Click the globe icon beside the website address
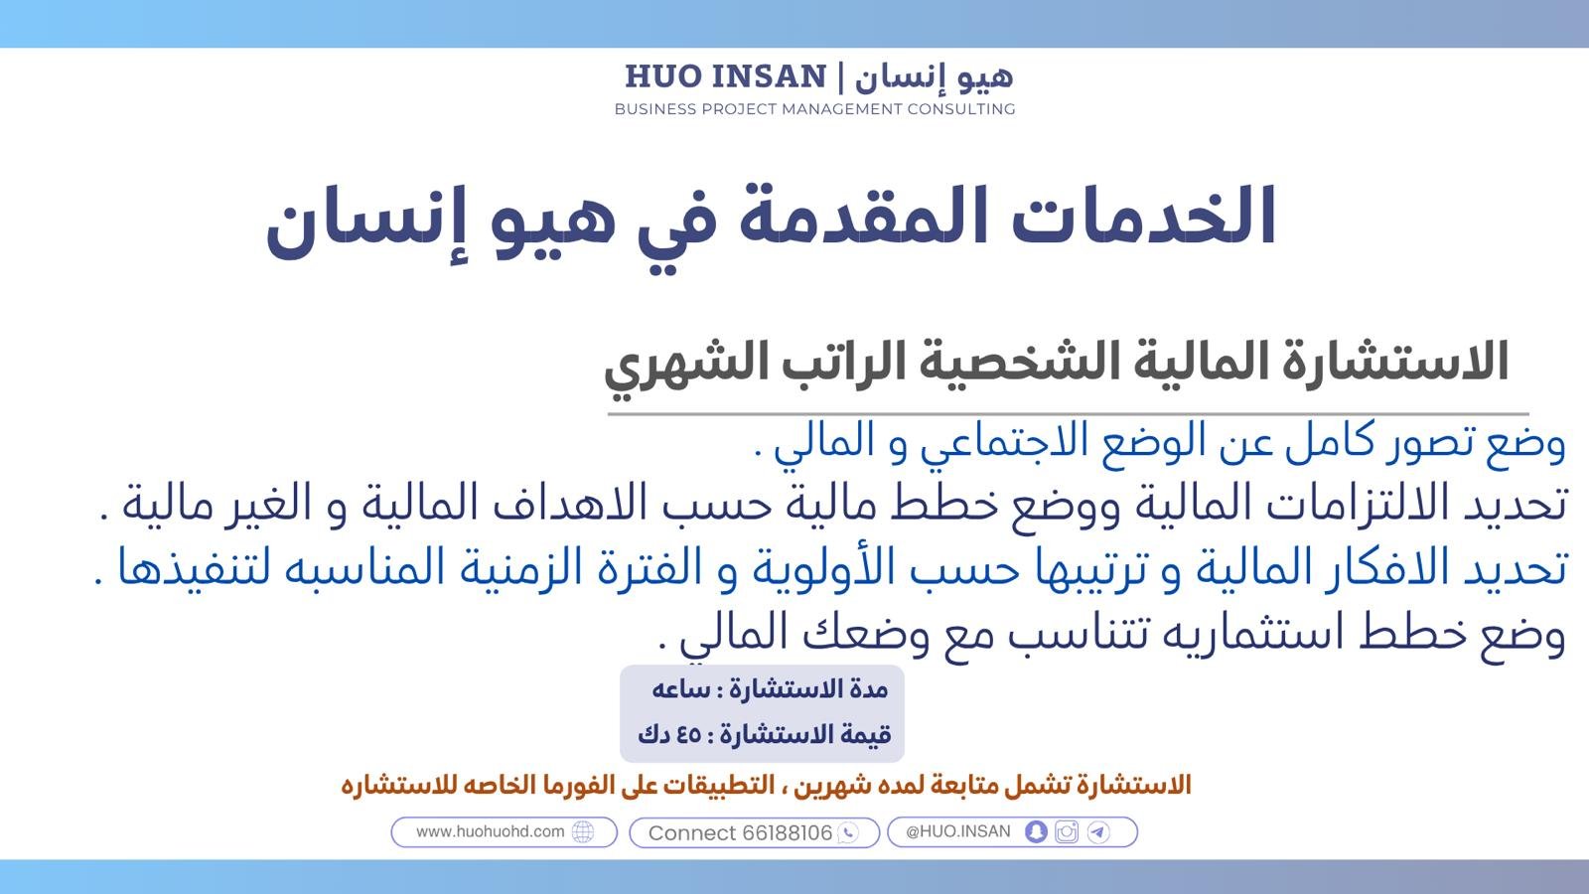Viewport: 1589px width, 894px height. click(x=583, y=832)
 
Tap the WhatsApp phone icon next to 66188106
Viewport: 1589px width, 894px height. click(x=848, y=833)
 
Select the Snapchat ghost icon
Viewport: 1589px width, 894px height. click(x=1036, y=831)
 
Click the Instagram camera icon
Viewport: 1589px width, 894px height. click(x=1067, y=831)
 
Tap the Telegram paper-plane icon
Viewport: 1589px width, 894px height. click(x=1098, y=831)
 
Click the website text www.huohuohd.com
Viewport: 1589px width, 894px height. click(x=491, y=831)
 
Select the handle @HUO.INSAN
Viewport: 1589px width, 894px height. click(x=958, y=831)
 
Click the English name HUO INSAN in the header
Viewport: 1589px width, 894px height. click(x=726, y=76)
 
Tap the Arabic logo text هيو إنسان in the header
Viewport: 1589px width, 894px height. click(x=934, y=76)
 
